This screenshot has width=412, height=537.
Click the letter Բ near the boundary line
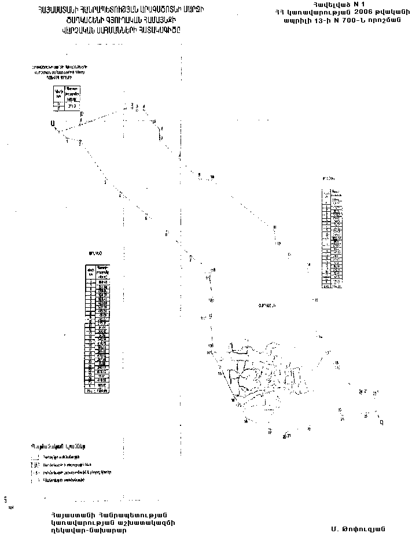coord(82,115)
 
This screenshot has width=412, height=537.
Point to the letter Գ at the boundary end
coord(381,422)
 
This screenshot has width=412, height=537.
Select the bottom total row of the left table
coord(97,391)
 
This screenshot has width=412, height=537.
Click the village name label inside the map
coord(267,305)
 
